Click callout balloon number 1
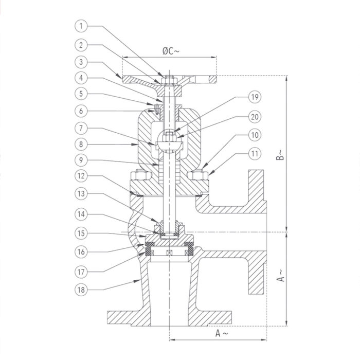click(x=81, y=26)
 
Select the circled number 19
click(x=255, y=97)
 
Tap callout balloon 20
click(x=255, y=117)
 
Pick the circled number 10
click(x=255, y=135)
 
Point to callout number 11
click(x=255, y=153)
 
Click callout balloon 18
click(x=81, y=290)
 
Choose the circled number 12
click(x=81, y=176)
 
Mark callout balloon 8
click(x=81, y=145)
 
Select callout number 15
click(x=81, y=233)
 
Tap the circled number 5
click(x=81, y=94)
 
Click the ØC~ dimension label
click(x=171, y=51)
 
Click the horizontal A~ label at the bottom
click(x=222, y=333)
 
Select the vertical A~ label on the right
click(x=280, y=276)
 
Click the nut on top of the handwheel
click(x=169, y=80)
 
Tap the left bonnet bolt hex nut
click(x=141, y=175)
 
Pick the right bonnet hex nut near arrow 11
click(x=198, y=175)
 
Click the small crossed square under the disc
click(x=169, y=253)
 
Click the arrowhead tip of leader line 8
click(x=137, y=145)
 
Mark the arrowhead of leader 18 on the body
click(x=140, y=280)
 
